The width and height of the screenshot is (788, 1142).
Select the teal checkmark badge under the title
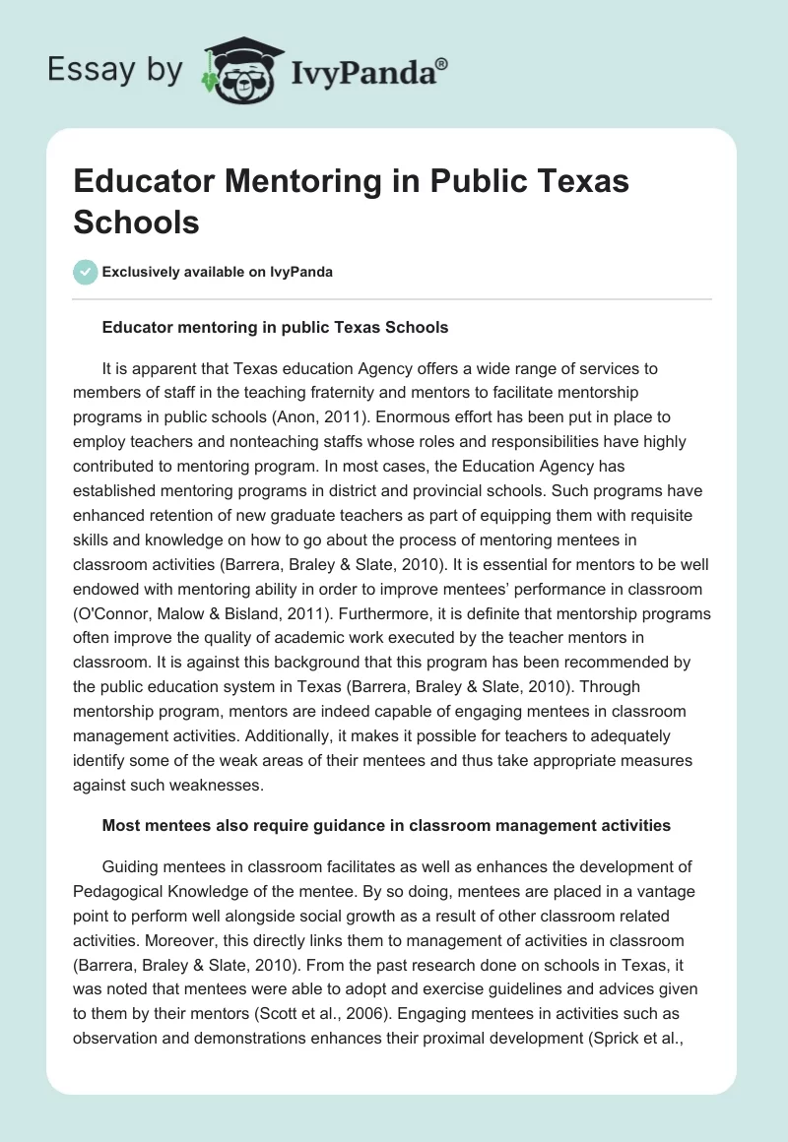point(85,272)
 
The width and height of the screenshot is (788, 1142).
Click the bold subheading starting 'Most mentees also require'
point(386,826)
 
